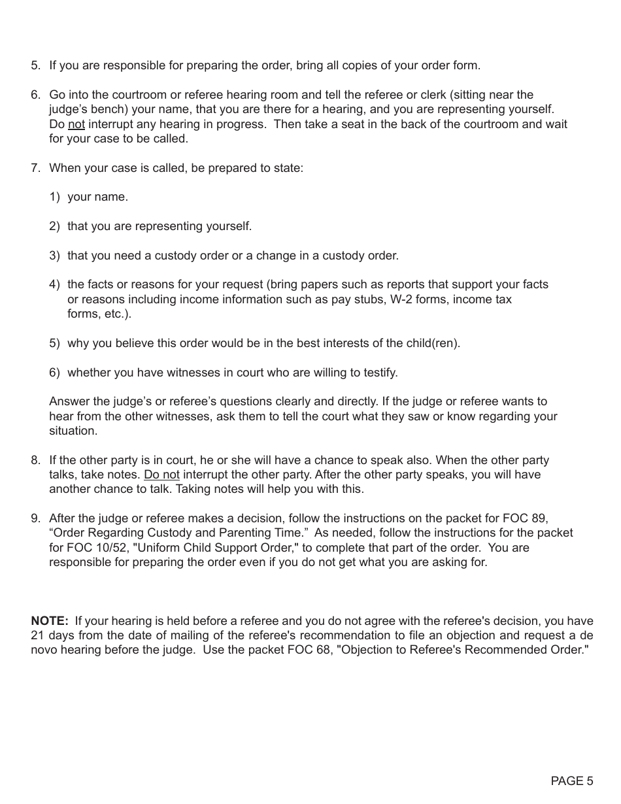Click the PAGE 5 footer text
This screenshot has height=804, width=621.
click(x=572, y=780)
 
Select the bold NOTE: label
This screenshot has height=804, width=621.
click(x=49, y=621)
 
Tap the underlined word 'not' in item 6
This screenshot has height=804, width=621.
click(x=76, y=124)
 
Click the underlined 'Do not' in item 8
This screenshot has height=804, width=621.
click(x=161, y=475)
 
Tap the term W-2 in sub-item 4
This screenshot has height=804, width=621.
click(x=405, y=299)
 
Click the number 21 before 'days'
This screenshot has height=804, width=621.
click(x=37, y=635)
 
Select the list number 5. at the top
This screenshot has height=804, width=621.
click(x=35, y=65)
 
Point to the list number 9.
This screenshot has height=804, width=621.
click(x=35, y=519)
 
